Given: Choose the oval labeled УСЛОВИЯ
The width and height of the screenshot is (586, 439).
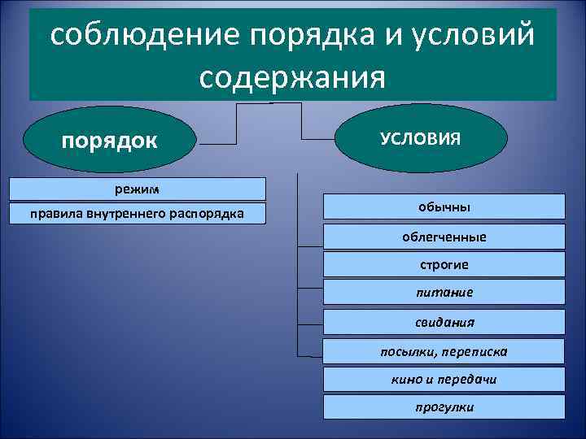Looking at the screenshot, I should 420,137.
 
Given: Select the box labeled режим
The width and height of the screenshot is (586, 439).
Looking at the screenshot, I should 137,189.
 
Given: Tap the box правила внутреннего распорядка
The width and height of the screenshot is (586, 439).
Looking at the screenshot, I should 137,215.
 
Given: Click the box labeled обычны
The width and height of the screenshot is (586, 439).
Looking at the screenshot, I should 444,207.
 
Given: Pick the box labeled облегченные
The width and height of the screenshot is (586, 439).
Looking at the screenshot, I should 444,237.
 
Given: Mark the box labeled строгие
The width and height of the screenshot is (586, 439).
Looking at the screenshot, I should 444,265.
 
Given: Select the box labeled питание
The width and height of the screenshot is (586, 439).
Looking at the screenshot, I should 444,292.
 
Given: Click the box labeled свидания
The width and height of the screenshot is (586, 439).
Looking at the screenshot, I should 444,322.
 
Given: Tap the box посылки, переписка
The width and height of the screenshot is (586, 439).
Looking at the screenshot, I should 444,351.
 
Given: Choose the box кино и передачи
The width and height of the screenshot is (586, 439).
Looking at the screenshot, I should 444,379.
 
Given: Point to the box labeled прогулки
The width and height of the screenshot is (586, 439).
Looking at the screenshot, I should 444,406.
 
